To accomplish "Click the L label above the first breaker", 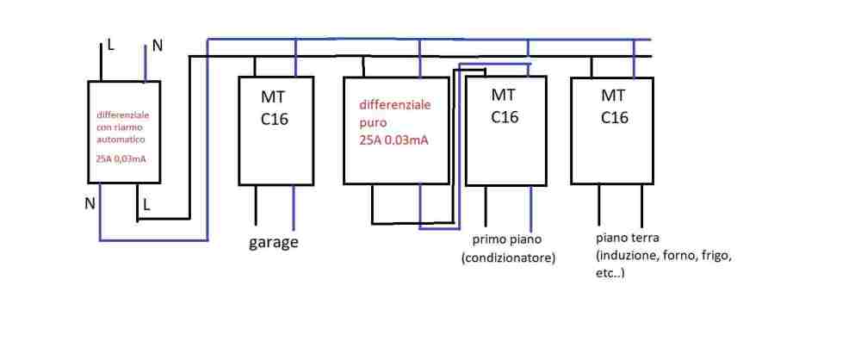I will coord(109,45).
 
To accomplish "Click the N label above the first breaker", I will coord(157,45).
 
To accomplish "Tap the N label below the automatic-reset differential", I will coord(90,204).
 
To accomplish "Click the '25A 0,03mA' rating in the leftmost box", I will coord(121,158).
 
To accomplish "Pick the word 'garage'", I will coord(274,242).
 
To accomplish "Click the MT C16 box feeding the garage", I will coord(275,129).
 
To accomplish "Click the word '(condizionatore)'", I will coord(508,258).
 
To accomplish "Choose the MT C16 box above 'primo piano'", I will coord(505,129).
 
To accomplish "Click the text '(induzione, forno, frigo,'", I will coord(661,256).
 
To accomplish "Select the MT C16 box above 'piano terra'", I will coord(613,129).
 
